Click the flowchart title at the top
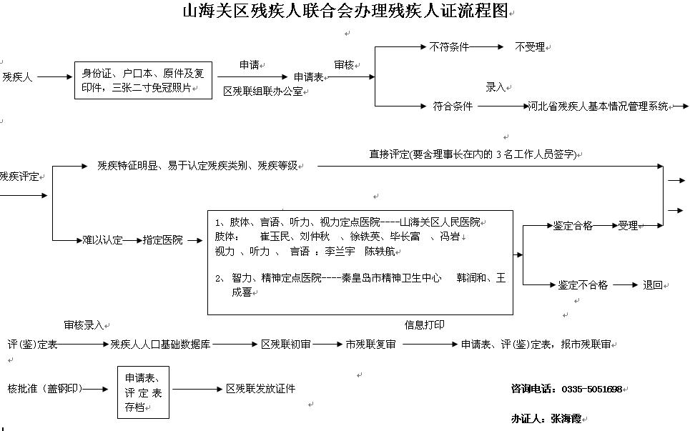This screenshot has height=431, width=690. point(345,11)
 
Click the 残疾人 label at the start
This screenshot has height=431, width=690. point(17,77)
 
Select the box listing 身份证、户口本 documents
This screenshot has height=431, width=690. point(143,81)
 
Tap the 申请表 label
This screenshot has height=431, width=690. point(308,77)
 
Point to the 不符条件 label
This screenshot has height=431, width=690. point(449,46)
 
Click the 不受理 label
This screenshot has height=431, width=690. point(530,47)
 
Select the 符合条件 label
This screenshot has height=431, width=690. point(453,106)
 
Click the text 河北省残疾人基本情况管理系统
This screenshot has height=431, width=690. point(598,106)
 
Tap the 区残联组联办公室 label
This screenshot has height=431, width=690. point(263,91)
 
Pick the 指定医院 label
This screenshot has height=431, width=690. point(162,240)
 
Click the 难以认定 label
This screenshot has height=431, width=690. point(102,240)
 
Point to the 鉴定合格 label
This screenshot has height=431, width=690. point(573,226)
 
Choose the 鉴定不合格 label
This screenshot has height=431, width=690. point(583,285)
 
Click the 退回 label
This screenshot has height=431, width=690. point(653,285)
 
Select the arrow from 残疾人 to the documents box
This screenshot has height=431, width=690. point(54,77)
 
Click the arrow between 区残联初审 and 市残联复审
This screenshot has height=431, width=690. point(327,345)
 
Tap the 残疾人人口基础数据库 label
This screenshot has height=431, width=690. point(160,345)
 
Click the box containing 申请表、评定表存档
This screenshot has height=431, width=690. point(144,392)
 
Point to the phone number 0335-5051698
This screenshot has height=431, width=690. point(592,390)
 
